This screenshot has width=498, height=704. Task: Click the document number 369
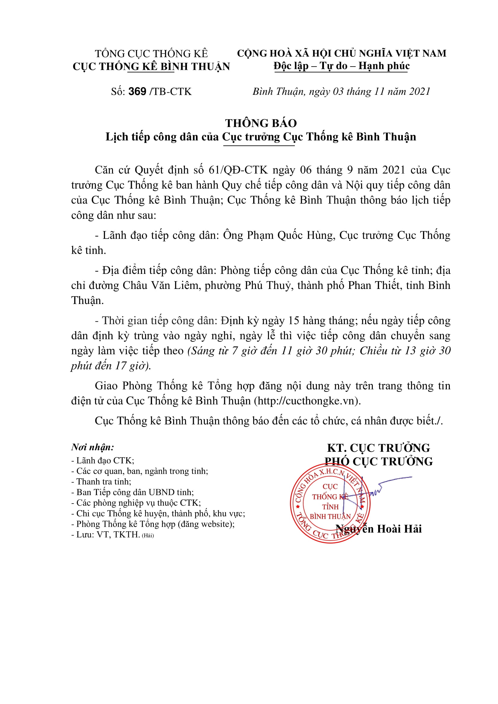click(137, 91)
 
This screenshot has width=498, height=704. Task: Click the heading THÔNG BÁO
click(261, 123)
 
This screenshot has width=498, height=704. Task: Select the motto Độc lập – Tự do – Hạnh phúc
click(342, 66)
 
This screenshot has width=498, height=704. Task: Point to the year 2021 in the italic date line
click(419, 91)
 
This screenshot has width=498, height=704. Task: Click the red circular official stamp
click(330, 503)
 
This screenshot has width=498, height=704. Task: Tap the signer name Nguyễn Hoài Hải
click(379, 529)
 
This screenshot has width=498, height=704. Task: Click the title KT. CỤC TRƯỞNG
click(378, 448)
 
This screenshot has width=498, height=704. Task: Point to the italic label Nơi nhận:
click(93, 447)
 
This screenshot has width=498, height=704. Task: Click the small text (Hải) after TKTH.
click(148, 535)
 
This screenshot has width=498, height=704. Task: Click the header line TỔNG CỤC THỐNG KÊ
click(151, 54)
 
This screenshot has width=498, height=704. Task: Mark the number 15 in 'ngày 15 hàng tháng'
click(294, 321)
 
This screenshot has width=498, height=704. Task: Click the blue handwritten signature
click(374, 491)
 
